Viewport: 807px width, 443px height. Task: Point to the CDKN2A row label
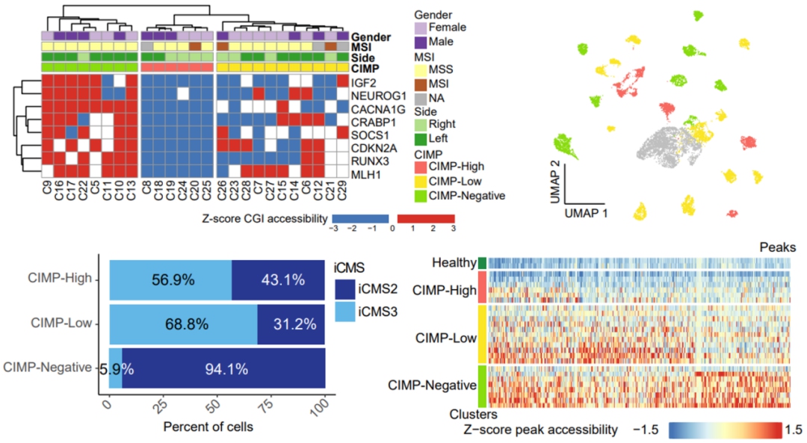[371, 148]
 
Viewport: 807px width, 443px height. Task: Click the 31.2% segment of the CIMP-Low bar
[291, 323]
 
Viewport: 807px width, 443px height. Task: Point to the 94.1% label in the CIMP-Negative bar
[223, 368]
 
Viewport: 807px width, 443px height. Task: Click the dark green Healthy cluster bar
[482, 262]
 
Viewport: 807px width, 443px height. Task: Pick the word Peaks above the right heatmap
[778, 247]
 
